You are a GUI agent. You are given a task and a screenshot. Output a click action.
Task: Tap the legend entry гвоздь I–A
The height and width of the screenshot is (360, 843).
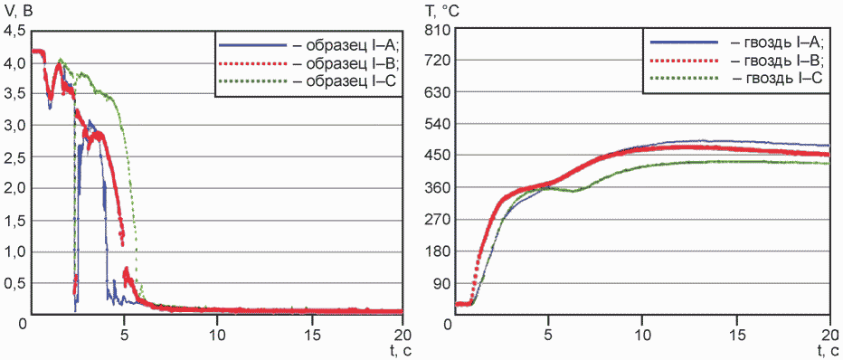(x=735, y=42)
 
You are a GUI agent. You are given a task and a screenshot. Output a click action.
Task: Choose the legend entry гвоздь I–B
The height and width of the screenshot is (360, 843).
(x=735, y=61)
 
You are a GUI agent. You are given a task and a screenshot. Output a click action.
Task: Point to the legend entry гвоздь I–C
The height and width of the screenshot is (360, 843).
(x=734, y=79)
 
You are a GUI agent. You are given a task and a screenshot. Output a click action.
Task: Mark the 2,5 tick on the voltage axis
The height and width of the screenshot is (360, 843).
(x=14, y=157)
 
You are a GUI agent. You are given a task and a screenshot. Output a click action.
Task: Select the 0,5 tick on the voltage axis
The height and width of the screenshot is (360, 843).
(x=14, y=284)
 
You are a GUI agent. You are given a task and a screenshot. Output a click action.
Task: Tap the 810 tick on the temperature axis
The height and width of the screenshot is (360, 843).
(x=436, y=30)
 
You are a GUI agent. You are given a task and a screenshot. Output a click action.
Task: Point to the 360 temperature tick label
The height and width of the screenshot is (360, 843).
(x=436, y=187)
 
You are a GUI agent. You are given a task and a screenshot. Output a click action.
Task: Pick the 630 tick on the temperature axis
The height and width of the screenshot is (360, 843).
(x=436, y=92)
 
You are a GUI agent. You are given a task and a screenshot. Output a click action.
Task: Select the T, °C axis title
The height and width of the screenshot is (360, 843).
(x=440, y=11)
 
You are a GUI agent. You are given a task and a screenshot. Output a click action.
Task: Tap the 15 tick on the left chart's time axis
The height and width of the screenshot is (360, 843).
(x=310, y=333)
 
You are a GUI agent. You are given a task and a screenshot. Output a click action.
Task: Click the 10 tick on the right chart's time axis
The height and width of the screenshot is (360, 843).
(x=642, y=333)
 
